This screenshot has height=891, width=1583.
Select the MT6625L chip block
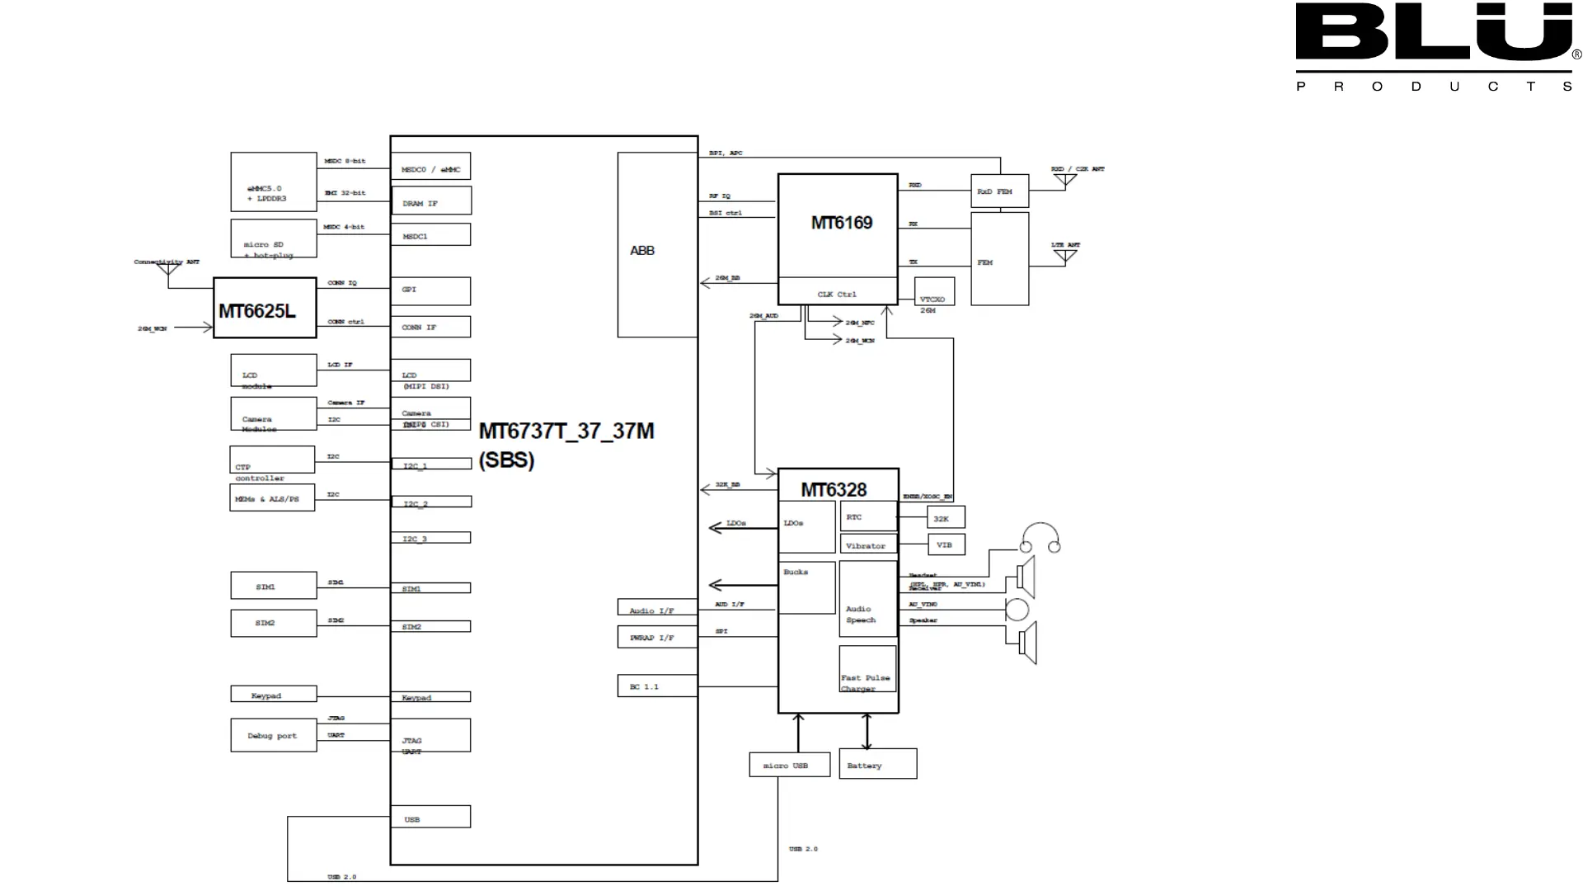click(x=265, y=309)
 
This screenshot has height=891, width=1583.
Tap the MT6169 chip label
click(x=841, y=223)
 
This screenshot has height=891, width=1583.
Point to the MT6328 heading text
click(x=834, y=490)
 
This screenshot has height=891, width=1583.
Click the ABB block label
click(x=642, y=251)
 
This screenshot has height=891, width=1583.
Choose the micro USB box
click(x=789, y=765)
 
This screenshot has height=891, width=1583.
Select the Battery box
click(x=877, y=764)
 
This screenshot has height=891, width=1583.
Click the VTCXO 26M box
click(x=934, y=292)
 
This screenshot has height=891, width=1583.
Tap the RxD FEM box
click(x=999, y=191)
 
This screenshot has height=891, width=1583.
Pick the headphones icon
click(x=1040, y=538)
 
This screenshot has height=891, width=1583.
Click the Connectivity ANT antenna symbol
click(x=169, y=268)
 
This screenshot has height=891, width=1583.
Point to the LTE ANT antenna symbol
click(x=1065, y=255)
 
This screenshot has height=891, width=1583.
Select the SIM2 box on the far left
click(x=273, y=623)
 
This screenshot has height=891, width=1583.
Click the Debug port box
click(x=273, y=735)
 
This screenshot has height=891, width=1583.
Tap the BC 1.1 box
click(x=657, y=686)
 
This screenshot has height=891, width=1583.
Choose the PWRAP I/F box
click(x=657, y=637)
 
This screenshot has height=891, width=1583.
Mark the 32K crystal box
click(x=946, y=518)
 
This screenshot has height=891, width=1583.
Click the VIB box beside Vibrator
click(x=946, y=544)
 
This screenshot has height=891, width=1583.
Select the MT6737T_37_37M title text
click(x=566, y=431)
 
